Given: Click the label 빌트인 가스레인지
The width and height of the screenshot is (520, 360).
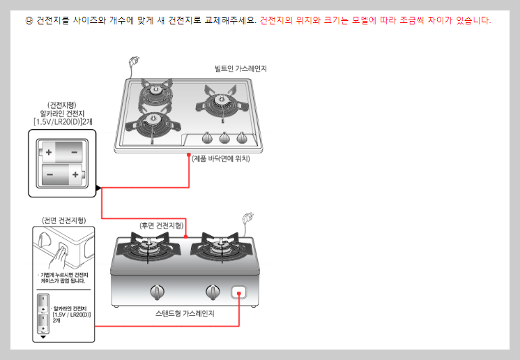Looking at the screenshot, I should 241,68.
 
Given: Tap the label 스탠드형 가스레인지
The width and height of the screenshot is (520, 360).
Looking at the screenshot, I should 185,314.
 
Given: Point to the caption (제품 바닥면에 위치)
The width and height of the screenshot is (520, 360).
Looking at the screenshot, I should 221,158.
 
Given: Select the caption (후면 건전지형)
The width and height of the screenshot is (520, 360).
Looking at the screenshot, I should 162,225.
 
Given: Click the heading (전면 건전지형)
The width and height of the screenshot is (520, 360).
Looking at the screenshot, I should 63,220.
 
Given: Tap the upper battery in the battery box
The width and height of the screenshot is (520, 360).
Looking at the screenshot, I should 61,150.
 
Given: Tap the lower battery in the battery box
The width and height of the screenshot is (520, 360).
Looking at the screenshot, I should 61,172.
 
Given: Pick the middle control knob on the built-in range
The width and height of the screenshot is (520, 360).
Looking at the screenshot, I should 225,137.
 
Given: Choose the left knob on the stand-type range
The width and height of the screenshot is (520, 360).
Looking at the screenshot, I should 158,290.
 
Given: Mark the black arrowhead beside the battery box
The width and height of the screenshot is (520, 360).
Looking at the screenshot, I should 98,187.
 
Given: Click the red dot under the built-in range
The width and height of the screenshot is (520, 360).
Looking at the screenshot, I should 190,157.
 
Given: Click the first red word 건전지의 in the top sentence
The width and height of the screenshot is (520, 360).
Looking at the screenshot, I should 275,20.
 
